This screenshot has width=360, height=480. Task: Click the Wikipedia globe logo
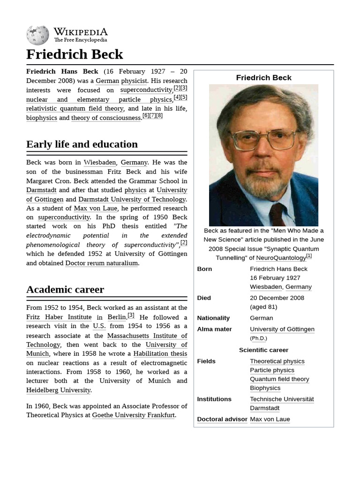[x=37, y=35]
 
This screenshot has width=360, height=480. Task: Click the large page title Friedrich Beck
[x=75, y=54]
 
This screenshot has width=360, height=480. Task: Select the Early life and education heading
[x=82, y=144]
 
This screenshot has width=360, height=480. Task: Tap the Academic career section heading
[x=65, y=289]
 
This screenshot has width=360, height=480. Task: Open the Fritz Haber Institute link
[x=59, y=317]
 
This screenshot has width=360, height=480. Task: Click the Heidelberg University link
[x=58, y=390]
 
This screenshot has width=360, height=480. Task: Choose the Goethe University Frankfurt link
[x=134, y=415]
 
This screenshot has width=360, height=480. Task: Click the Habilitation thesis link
[x=160, y=353]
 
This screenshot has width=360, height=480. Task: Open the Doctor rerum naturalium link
[x=101, y=263]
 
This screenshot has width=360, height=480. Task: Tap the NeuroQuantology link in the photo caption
[x=281, y=258]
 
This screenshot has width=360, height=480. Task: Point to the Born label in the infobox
[x=204, y=269]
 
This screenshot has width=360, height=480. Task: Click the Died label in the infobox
[x=204, y=298]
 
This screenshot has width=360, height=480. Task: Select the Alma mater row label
[x=214, y=329]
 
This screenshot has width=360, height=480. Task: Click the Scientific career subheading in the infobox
[x=263, y=350]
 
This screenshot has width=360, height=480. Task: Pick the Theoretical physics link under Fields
[x=277, y=361]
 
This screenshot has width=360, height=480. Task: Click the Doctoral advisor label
[x=222, y=419]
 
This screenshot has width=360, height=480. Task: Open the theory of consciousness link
[x=106, y=118]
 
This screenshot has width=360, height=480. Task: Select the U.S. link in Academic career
[x=99, y=326]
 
